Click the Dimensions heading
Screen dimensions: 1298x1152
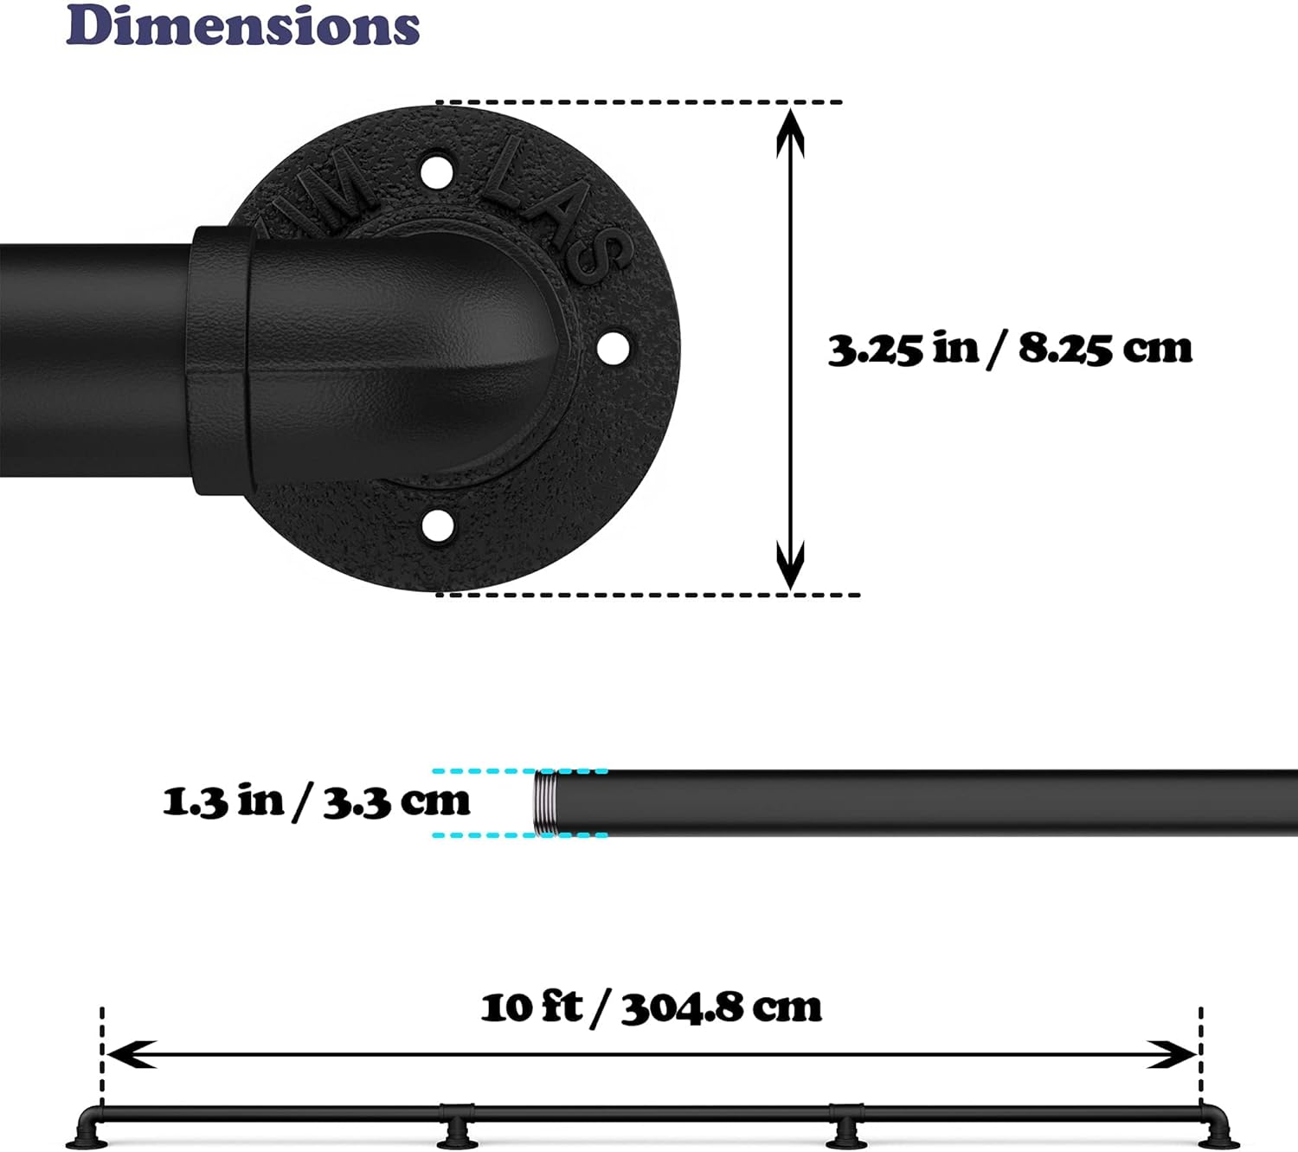point(243,25)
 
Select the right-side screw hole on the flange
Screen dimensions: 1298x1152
point(614,347)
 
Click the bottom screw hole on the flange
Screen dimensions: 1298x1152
point(438,525)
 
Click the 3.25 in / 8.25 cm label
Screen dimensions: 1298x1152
point(1011,350)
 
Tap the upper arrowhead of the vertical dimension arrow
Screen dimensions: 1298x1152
point(791,133)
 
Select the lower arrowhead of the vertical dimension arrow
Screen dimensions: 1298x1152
point(791,564)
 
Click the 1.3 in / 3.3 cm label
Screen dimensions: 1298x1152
point(316,801)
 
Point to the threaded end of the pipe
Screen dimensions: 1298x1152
point(544,803)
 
